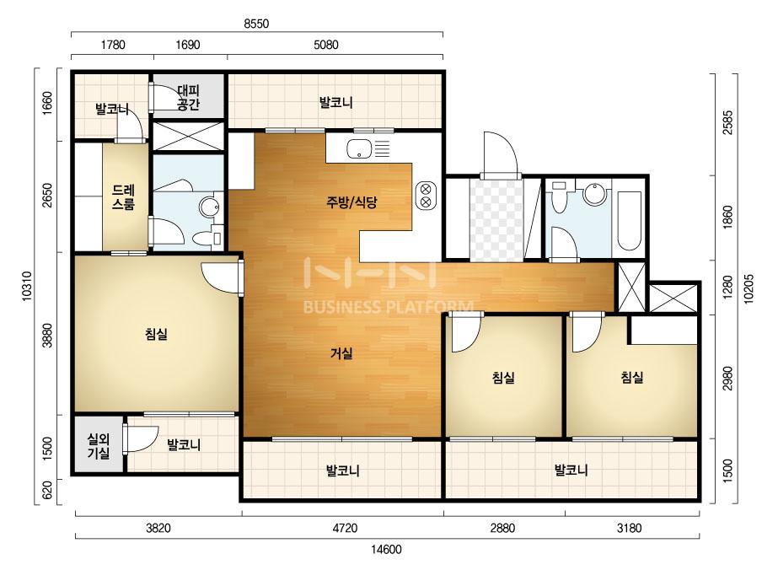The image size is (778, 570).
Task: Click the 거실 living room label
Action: tap(341, 353)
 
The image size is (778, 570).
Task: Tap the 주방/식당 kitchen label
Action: tap(351, 202)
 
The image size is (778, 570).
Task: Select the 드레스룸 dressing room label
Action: tap(123, 197)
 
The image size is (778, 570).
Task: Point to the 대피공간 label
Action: tap(188, 97)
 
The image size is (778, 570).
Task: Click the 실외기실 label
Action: tap(99, 445)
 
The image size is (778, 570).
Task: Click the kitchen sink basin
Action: tap(359, 148)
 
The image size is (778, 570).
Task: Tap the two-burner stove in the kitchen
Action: tap(425, 195)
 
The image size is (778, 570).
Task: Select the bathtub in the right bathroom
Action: tap(629, 221)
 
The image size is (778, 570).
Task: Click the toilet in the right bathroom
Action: tap(559, 196)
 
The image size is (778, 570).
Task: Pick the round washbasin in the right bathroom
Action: tap(594, 194)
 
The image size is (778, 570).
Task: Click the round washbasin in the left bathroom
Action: tap(209, 207)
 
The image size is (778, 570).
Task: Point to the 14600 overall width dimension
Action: tap(387, 549)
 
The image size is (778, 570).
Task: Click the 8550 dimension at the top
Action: tap(256, 24)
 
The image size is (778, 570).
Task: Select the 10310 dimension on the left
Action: tap(27, 286)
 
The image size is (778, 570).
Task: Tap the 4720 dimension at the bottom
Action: tap(345, 528)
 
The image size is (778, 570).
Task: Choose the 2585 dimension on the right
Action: tap(727, 122)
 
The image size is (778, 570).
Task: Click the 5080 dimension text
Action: tap(326, 45)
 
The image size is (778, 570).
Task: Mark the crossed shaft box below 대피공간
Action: tap(188, 136)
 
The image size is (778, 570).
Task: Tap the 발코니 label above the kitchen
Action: tap(336, 103)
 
